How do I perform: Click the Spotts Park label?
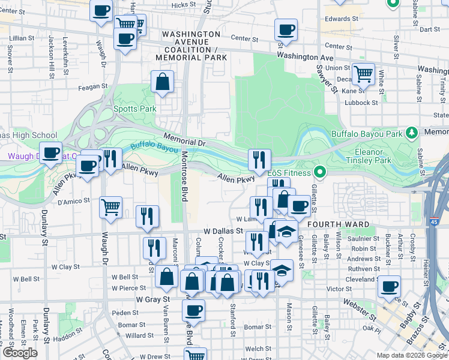coord(135,109)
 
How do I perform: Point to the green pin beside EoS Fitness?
coord(319,173)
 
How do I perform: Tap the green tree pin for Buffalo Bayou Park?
coord(412,132)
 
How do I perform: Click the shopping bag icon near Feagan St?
coord(163,82)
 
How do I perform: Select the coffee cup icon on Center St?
coord(286,29)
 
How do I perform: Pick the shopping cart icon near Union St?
coord(363,74)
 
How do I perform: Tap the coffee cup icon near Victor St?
coord(390,286)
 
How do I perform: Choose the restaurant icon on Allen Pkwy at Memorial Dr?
coord(259,159)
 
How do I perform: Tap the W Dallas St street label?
coord(223,230)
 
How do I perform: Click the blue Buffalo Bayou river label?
coord(152,146)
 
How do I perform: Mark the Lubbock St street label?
coord(362,103)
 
